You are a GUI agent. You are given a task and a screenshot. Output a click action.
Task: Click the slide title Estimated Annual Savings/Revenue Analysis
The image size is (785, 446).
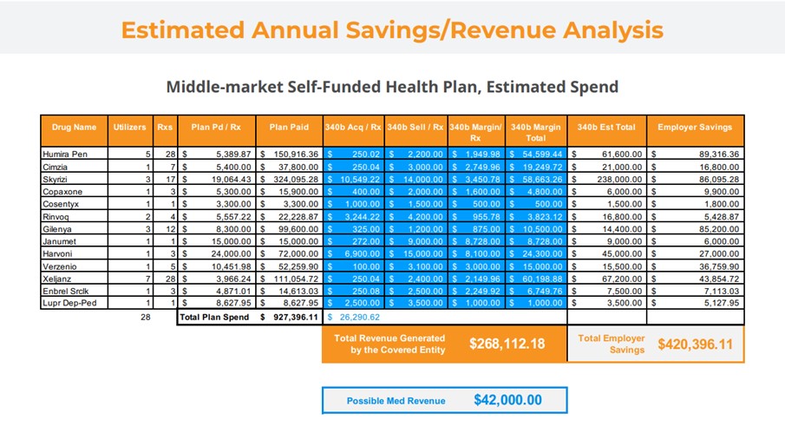[x=392, y=30]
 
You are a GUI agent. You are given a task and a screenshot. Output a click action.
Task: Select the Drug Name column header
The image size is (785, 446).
[x=74, y=127]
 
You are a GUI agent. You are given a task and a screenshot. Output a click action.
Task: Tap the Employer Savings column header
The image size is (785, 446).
[x=695, y=127]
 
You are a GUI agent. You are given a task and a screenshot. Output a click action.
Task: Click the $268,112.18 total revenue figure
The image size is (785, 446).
[x=507, y=344]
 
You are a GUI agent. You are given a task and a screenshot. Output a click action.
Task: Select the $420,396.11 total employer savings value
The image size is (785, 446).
[x=695, y=344]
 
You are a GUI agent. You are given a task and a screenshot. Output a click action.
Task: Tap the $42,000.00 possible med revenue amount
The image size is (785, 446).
[x=507, y=400]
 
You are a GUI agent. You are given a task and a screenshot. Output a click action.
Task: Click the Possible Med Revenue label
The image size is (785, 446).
[x=396, y=401]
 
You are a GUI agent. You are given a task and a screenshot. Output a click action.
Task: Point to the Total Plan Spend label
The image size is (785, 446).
[x=213, y=318]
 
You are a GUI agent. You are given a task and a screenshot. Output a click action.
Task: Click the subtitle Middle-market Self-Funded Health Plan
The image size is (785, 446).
[x=392, y=87]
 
